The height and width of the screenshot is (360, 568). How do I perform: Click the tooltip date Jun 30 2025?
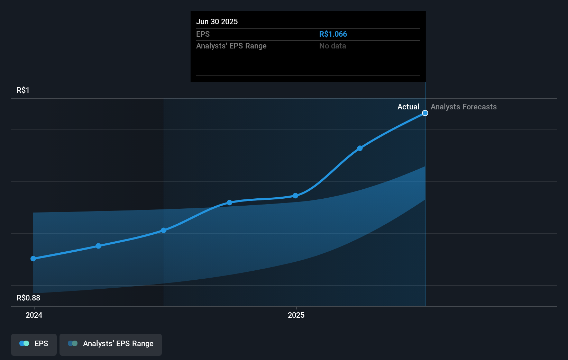point(217,21)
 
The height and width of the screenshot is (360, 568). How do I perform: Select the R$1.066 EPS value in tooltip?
point(333,34)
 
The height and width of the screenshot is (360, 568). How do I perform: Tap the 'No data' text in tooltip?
point(332,46)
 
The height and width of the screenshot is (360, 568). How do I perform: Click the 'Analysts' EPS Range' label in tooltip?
point(231,46)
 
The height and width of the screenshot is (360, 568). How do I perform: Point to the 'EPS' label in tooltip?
point(203,34)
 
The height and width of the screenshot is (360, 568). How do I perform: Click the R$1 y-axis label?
point(23,90)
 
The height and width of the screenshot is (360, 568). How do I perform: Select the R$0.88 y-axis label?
point(28,298)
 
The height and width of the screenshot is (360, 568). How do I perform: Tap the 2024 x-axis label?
point(34,315)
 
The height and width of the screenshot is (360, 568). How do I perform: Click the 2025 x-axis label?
point(296,315)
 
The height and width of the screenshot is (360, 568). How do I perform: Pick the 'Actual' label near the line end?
point(408,107)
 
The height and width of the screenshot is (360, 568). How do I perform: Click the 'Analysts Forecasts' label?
point(464,107)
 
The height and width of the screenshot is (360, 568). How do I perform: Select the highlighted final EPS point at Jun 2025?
point(425,113)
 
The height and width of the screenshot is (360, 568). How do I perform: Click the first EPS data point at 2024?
point(33,259)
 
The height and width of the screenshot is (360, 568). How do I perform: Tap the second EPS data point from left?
point(99,246)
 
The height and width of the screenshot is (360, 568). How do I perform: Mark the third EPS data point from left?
point(164,230)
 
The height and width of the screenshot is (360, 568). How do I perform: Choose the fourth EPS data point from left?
point(229,202)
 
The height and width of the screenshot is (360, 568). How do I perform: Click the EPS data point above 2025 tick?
point(295,196)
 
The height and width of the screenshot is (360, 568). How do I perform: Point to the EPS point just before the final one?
point(360,148)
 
